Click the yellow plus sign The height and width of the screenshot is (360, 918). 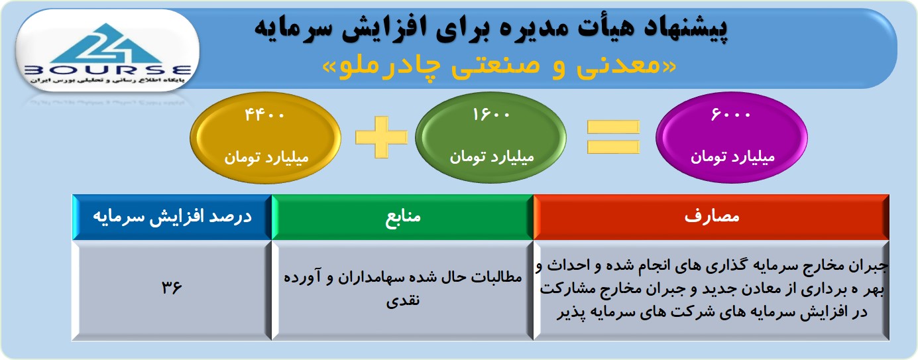click(382, 137)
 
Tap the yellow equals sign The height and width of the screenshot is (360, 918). click(613, 137)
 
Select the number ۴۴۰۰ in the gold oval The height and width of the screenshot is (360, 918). click(264, 115)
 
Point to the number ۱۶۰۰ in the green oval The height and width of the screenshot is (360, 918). click(491, 114)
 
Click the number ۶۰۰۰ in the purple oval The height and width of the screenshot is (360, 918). click(730, 114)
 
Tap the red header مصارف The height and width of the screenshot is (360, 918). click(711, 217)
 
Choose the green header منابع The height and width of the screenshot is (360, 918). click(402, 217)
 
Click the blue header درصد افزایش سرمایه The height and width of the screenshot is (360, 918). click(172, 217)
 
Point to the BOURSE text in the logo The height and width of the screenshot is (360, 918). click(107, 70)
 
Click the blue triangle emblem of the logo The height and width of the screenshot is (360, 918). click(107, 44)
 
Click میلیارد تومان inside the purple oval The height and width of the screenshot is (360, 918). click(732, 157)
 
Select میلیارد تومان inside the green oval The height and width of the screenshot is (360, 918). click(492, 157)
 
